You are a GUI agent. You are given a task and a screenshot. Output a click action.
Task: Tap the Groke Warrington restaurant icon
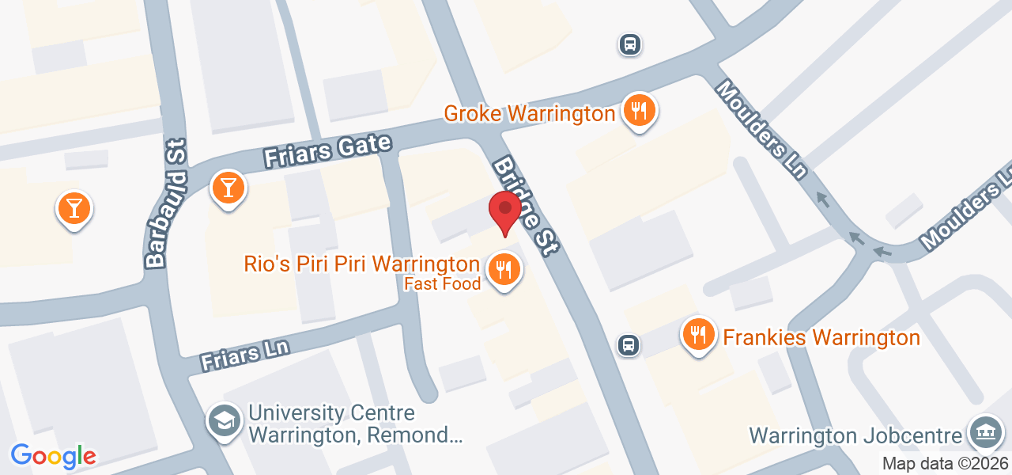tap(636, 111)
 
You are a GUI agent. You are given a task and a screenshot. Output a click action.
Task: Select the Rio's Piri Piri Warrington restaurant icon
tap(503, 270)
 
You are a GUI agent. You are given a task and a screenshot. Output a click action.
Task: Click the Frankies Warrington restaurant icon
tap(697, 335)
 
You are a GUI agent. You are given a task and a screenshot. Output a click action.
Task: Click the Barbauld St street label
tap(164, 203)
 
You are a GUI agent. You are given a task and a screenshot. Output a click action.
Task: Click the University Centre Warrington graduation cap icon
tap(225, 421)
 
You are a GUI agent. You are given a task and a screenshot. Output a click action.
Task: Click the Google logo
tap(53, 456)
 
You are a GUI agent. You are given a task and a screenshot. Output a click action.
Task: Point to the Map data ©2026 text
tap(945, 464)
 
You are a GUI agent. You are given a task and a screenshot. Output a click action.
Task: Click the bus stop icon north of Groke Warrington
tap(629, 44)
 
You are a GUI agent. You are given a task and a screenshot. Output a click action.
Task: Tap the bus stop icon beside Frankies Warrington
tap(629, 344)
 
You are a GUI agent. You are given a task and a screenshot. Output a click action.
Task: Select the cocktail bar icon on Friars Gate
tap(228, 188)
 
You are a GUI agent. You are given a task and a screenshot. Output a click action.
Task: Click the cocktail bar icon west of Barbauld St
tap(74, 209)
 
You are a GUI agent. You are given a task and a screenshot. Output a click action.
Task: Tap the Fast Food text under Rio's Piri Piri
tap(443, 283)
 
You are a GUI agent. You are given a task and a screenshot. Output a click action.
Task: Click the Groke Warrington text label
tap(529, 113)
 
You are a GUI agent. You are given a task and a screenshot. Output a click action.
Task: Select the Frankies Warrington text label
tap(821, 338)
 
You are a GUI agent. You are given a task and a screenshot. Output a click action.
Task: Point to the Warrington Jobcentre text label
tap(856, 435)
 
